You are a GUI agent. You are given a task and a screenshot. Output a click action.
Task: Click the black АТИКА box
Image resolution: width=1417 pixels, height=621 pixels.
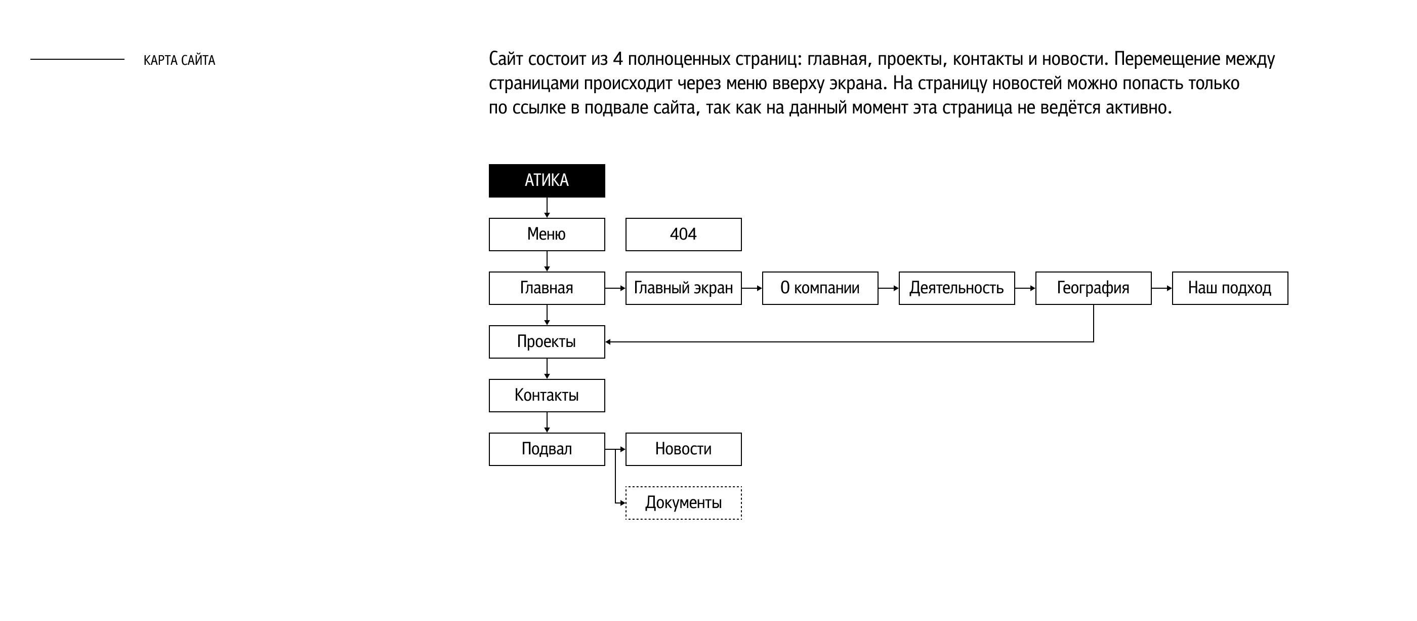tap(546, 180)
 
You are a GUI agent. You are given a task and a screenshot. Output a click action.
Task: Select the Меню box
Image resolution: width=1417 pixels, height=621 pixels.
tap(546, 235)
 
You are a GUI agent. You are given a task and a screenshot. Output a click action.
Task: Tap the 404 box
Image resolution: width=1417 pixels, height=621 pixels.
tap(683, 235)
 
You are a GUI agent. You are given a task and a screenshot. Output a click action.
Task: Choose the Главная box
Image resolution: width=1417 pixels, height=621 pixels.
tap(546, 288)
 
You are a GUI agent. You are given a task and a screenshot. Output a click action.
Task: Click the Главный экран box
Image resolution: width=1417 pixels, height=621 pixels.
tap(683, 288)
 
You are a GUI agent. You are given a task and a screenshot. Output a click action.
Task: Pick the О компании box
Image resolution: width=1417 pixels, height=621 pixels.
tap(820, 288)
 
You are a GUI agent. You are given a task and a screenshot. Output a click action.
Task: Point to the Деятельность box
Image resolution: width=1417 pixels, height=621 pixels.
tap(956, 288)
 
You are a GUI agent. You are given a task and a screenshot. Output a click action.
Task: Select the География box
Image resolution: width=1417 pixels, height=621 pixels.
tap(1093, 288)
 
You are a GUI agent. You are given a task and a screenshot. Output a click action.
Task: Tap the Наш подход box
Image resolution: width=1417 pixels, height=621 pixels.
tap(1230, 288)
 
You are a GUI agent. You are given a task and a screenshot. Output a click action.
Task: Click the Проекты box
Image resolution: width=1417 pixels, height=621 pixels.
tap(546, 342)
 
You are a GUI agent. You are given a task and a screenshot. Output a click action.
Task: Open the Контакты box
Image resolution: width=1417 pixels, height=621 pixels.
tap(546, 395)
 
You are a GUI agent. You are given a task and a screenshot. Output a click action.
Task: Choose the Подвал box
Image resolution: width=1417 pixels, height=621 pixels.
tap(546, 449)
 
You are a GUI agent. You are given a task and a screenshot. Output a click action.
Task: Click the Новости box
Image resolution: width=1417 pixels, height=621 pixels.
tap(683, 449)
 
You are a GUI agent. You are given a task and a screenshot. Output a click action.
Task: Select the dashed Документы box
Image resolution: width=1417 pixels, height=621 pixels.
tap(683, 502)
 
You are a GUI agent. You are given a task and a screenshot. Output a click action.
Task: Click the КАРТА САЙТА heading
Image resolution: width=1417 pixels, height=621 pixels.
tap(179, 60)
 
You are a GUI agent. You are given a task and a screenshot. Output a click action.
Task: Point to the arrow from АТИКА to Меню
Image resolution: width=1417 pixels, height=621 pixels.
tap(547, 208)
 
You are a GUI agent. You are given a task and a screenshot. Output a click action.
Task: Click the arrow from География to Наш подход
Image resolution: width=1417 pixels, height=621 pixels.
tap(1162, 288)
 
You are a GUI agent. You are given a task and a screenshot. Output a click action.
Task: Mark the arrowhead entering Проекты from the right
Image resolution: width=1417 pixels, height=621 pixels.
tap(608, 342)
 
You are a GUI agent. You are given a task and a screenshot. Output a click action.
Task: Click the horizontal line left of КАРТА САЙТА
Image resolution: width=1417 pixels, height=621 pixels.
tap(77, 59)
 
